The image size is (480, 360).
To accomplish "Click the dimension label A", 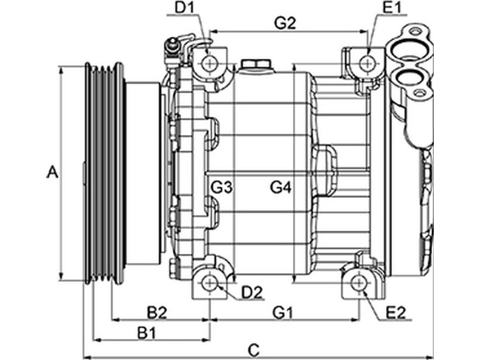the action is [x=52, y=172].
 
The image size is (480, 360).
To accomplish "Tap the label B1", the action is [x=147, y=333].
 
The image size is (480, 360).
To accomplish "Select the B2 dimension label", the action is [x=157, y=313].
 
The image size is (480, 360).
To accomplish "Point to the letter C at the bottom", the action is [x=254, y=350].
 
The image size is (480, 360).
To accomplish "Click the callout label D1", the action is [x=184, y=8].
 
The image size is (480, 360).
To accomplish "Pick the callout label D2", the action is [x=252, y=293].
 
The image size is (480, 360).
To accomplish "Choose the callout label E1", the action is [x=392, y=8].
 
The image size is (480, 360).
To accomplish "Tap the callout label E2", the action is [x=396, y=313].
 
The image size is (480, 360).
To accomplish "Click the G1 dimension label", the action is [x=283, y=313].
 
